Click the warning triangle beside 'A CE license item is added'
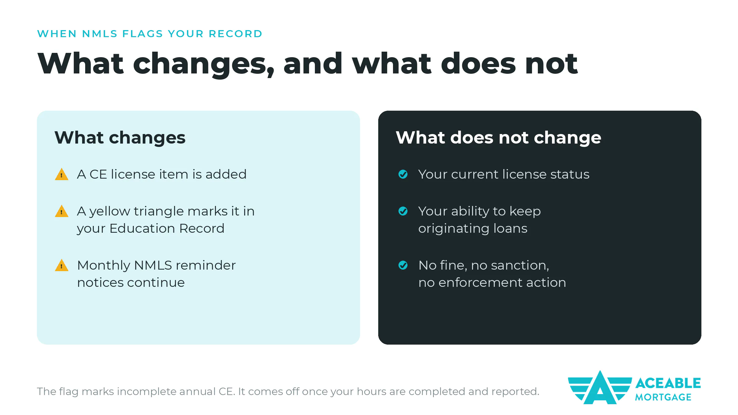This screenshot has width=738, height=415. [61, 174]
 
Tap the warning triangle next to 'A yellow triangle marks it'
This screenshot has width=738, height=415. [61, 211]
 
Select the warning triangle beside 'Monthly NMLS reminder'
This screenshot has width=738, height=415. [61, 265]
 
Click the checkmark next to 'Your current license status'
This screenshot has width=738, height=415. [403, 174]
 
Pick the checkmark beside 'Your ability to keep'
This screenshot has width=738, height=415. [403, 211]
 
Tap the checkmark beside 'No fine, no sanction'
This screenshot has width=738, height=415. [403, 265]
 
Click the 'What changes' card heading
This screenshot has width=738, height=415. [120, 138]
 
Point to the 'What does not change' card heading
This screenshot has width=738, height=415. [498, 138]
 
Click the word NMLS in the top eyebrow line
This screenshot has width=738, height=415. [100, 34]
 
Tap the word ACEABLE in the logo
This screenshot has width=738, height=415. [668, 383]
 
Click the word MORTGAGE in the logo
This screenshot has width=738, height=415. [663, 397]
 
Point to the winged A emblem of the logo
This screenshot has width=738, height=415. [600, 387]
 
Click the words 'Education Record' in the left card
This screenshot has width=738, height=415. [167, 228]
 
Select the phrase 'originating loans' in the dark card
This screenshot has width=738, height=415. [473, 229]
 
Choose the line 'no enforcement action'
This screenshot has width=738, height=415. [492, 283]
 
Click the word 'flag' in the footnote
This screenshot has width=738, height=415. [69, 392]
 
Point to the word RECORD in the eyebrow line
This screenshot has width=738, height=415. [236, 34]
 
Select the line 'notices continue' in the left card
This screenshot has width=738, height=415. [131, 283]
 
